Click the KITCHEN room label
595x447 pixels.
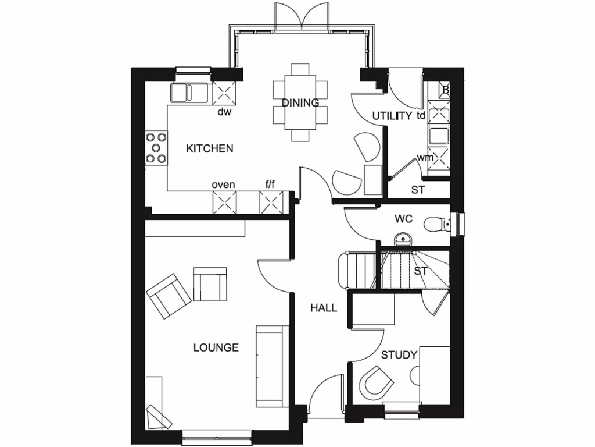click(x=209, y=148)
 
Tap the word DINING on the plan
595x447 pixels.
click(x=300, y=103)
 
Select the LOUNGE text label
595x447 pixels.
click(x=216, y=348)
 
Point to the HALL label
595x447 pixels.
click(x=323, y=308)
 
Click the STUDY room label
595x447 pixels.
click(x=399, y=354)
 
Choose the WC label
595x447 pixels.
click(x=403, y=219)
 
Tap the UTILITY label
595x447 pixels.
click(x=392, y=116)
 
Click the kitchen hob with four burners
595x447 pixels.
click(x=155, y=148)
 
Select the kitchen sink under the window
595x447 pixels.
click(x=189, y=93)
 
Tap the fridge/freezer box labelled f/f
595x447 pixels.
click(x=270, y=203)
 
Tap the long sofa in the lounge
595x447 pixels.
click(x=271, y=366)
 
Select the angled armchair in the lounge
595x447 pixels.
click(x=169, y=296)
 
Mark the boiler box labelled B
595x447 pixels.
click(x=445, y=90)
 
